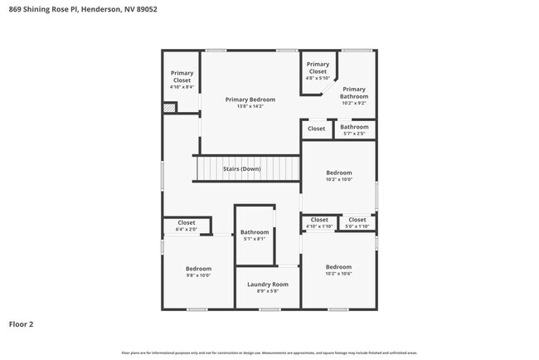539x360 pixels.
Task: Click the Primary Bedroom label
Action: coord(250,100)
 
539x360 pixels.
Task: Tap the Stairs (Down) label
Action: coord(242,169)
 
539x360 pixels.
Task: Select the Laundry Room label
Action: coord(268,285)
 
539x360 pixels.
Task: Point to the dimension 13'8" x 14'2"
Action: coord(250,106)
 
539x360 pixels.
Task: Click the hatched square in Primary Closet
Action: coord(169,107)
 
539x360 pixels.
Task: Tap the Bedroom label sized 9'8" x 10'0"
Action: coord(198,269)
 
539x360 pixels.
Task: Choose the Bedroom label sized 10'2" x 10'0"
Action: coord(338,173)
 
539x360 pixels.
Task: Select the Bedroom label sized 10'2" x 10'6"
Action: coord(338,267)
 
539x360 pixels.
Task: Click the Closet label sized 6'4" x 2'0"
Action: coord(186,222)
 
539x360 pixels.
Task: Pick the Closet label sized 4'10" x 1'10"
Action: coord(319,220)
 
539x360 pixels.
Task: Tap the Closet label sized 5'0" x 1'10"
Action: coord(357,220)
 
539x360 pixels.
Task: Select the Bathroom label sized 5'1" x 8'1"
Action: coord(255,232)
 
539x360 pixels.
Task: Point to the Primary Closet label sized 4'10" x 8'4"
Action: coord(182,76)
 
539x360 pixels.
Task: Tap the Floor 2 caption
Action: coord(22,324)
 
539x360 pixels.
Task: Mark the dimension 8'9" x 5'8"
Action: coord(268,291)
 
